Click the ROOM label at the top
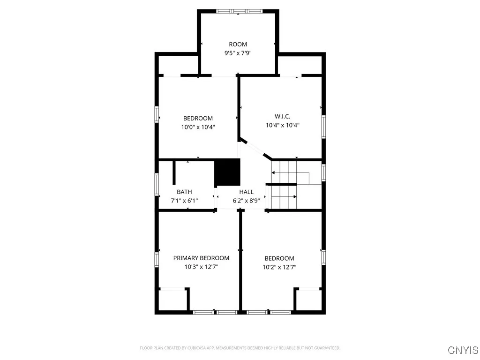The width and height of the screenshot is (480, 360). pos(238,45)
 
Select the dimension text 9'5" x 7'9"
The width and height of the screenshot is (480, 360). pos(238,53)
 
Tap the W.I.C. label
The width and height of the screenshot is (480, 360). pos(282,116)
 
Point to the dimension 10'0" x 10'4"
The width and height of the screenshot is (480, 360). pos(198,127)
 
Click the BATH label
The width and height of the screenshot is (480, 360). pos(184,192)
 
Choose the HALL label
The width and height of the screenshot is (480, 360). pos(246,192)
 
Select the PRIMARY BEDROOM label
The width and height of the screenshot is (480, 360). pos(201,258)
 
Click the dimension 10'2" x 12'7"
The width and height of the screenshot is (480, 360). pos(279,267)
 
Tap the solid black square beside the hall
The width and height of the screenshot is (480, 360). pos(227,172)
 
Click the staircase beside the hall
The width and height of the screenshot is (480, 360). pos(284,185)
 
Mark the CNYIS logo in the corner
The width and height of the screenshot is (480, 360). pos(463,350)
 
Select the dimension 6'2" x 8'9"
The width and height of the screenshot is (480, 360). pos(246,201)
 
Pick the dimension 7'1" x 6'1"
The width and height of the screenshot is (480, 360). pos(184,201)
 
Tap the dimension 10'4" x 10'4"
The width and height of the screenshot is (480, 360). pos(282,125)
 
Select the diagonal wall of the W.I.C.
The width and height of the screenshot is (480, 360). pos(255,149)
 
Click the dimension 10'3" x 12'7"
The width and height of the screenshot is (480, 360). pos(201,267)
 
